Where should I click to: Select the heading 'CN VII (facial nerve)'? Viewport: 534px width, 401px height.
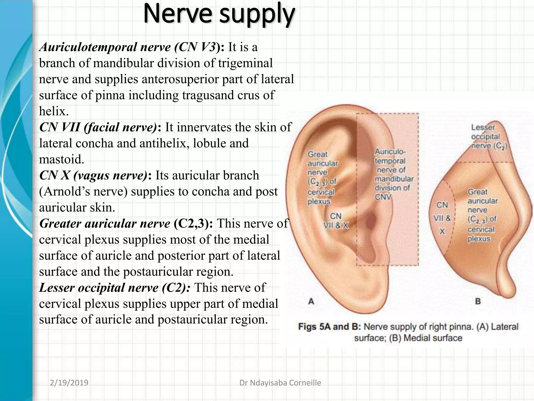tap(98, 127)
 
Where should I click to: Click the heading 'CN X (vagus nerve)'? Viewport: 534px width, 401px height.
tap(93, 175)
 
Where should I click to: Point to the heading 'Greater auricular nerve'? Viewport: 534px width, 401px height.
tap(105, 224)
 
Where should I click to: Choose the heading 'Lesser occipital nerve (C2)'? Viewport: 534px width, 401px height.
tap(115, 288)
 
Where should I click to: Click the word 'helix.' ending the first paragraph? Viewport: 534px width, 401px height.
tap(54, 111)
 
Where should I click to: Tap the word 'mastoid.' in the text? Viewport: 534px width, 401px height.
tap(62, 159)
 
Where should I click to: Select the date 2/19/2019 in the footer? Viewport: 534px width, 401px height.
tap(69, 383)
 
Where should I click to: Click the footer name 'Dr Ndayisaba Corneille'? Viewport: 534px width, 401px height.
tap(280, 383)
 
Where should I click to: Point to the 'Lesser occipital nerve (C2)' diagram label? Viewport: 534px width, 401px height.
tap(489, 137)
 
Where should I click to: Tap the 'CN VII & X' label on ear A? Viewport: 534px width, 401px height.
tap(336, 221)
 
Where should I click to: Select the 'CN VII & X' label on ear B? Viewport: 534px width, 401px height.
tap(442, 218)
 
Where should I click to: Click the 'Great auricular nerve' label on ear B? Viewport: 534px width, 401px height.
tap(483, 215)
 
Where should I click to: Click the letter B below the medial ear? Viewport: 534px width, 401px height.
tap(478, 302)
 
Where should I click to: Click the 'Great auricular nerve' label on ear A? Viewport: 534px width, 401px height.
tap(323, 178)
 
